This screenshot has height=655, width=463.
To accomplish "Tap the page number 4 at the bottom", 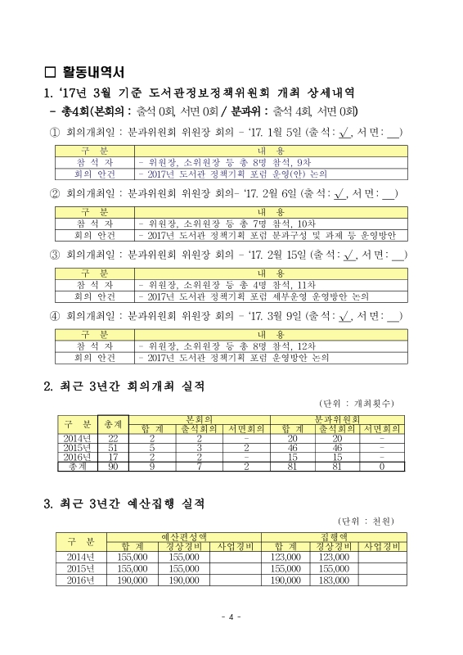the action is [231, 617].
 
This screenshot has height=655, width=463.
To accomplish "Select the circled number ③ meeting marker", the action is [56, 256].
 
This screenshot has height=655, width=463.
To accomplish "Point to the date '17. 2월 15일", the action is [285, 256].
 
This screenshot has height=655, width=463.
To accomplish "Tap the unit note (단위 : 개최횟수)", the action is [357, 404].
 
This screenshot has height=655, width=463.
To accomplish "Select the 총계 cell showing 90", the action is [112, 466].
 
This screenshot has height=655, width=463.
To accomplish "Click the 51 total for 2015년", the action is [112, 448].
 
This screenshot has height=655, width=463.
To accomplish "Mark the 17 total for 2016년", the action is [112, 457].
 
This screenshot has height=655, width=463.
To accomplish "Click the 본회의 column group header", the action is [200, 418].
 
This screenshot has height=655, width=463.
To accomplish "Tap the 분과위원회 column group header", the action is [335, 418].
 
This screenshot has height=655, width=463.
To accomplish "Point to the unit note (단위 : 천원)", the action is [366, 521].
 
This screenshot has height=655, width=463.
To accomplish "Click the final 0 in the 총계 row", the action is [382, 466].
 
